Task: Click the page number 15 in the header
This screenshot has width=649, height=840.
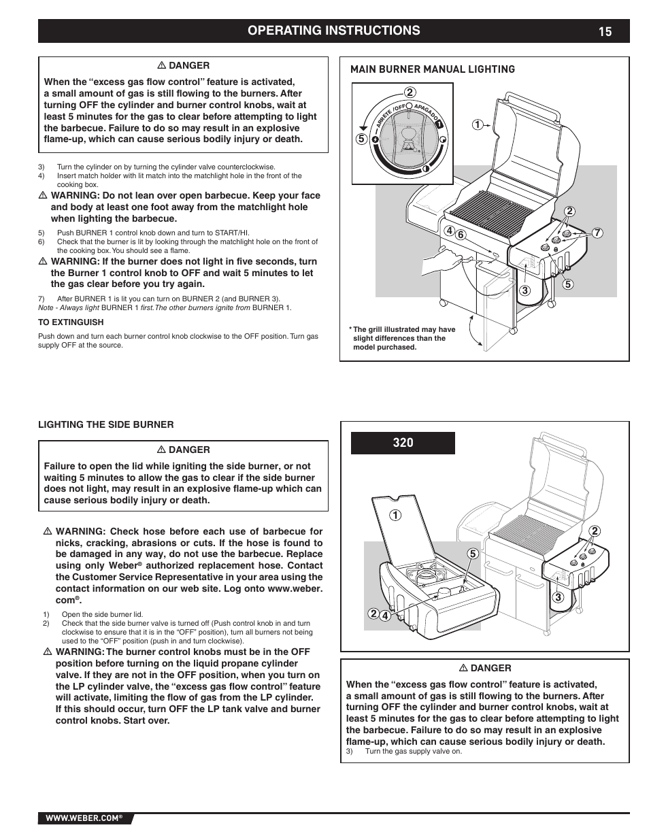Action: point(605,31)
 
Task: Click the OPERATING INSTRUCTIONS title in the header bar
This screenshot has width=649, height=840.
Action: point(333,31)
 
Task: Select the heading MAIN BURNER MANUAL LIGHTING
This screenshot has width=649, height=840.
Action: point(432,69)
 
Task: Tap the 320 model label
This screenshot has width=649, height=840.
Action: point(403,443)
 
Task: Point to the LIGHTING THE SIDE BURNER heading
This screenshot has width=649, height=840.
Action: point(105,424)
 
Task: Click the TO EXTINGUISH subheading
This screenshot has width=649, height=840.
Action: point(71,322)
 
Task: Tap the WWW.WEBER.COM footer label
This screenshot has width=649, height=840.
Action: point(84,819)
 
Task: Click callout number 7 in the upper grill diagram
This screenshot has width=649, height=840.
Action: point(597,233)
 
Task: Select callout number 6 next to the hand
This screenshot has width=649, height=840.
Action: point(460,235)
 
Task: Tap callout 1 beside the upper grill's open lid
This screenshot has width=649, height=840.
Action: point(478,124)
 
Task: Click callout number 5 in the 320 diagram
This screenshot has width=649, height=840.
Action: point(472,554)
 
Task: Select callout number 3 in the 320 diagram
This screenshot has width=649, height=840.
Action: point(557,598)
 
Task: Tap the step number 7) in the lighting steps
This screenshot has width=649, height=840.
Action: point(41,299)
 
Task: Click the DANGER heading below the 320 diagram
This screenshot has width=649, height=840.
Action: point(485,668)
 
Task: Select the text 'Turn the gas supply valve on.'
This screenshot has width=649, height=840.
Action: point(414,752)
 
